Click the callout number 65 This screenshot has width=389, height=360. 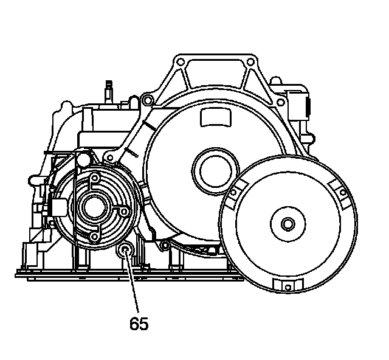(139, 324)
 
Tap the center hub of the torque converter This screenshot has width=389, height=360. (286, 223)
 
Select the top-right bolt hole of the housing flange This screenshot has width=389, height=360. (250, 61)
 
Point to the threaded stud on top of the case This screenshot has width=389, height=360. (109, 89)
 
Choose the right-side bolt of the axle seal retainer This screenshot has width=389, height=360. (123, 211)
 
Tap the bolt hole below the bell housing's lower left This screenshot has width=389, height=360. (164, 246)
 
